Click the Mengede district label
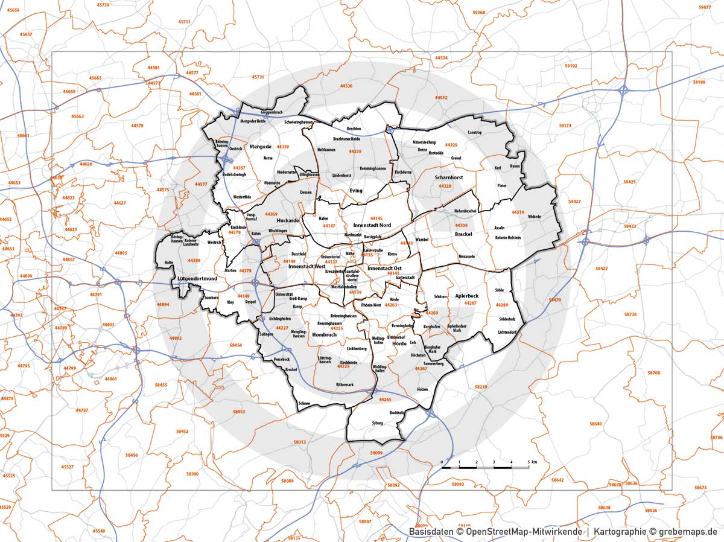click(x=261, y=147)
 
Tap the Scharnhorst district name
click(x=448, y=178)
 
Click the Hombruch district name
click(x=324, y=334)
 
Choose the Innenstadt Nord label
click(x=373, y=225)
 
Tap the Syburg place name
click(x=378, y=423)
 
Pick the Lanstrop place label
click(x=475, y=132)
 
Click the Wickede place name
click(x=534, y=217)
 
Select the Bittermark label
click(x=345, y=384)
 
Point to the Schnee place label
click(x=304, y=404)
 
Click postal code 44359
click(x=283, y=147)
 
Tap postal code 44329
click(x=451, y=145)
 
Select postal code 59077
click(x=704, y=7)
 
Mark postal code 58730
click(x=630, y=314)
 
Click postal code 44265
click(x=385, y=400)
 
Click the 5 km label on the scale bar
click(x=531, y=462)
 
